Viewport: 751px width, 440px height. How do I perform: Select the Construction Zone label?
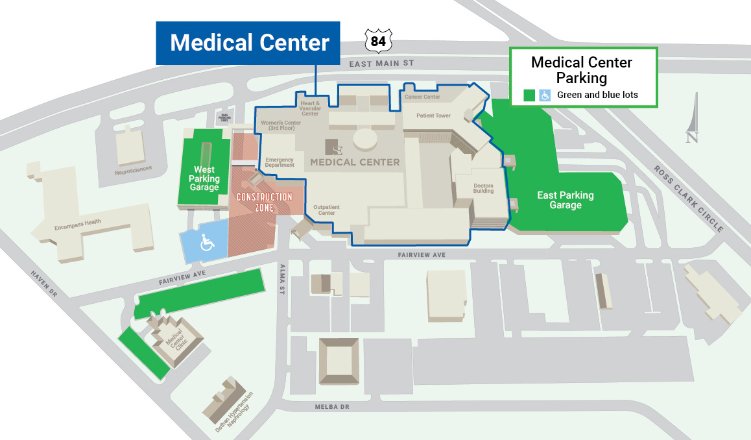tap(264, 202)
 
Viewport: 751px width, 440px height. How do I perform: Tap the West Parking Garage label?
tap(204, 178)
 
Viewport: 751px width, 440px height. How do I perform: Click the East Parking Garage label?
tap(565, 200)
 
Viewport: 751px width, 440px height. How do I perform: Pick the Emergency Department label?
tap(280, 162)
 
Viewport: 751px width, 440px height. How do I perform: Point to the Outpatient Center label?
tap(326, 209)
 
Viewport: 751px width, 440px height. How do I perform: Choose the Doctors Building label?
tap(483, 189)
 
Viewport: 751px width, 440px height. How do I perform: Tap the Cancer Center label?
tap(422, 97)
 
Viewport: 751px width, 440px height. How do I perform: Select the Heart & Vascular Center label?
tap(310, 108)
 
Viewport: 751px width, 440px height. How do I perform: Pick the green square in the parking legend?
tap(529, 95)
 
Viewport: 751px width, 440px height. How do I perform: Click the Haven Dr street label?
tap(44, 284)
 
